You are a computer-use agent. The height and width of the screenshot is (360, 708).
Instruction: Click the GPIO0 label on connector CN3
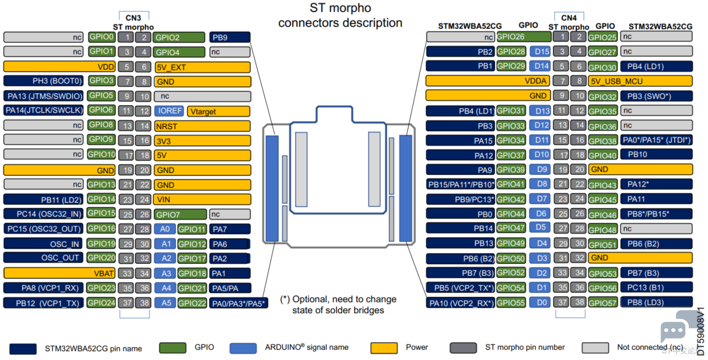[x=102, y=37]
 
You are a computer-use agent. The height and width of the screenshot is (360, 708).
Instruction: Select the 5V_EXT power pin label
[x=203, y=67]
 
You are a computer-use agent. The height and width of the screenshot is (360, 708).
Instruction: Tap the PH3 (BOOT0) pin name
[x=43, y=81]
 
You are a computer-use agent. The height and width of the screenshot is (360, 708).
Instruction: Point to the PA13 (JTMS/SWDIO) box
[x=43, y=96]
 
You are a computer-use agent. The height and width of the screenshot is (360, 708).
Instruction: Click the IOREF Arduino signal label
[x=169, y=111]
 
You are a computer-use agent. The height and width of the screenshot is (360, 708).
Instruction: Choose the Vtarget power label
[x=219, y=111]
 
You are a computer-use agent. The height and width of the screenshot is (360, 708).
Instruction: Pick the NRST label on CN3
[x=203, y=126]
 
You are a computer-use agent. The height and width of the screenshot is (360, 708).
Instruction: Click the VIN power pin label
[x=203, y=199]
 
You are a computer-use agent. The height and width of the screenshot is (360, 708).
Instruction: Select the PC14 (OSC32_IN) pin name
[x=43, y=213]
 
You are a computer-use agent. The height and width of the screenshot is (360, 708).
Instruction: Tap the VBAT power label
[x=59, y=273]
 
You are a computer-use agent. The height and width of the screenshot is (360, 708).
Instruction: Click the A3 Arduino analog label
[x=165, y=273]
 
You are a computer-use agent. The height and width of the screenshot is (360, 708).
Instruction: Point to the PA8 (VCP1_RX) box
[x=43, y=288]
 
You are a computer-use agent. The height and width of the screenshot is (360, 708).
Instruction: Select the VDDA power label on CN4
[x=487, y=81]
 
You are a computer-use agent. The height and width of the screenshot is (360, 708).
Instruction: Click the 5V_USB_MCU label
[x=640, y=81]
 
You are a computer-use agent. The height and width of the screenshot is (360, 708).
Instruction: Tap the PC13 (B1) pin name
[x=656, y=287]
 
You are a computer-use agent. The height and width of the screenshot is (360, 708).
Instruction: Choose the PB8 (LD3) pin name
[x=656, y=302]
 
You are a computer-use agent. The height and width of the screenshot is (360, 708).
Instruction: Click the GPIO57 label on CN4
[x=603, y=303]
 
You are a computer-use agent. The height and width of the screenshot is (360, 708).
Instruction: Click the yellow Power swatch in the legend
[x=384, y=347]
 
